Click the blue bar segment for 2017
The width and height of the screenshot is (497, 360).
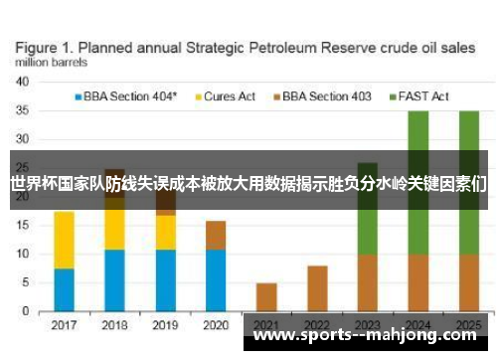click(x=64, y=289)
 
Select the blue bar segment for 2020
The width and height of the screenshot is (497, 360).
click(x=216, y=280)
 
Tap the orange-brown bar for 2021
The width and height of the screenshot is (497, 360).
click(x=266, y=297)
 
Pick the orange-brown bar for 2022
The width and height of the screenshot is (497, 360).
click(x=317, y=288)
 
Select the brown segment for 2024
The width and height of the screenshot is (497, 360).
click(x=418, y=282)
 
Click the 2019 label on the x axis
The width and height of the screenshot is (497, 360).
click(x=165, y=325)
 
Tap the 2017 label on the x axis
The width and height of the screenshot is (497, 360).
click(x=64, y=325)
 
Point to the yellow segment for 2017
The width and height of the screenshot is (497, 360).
click(x=64, y=240)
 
